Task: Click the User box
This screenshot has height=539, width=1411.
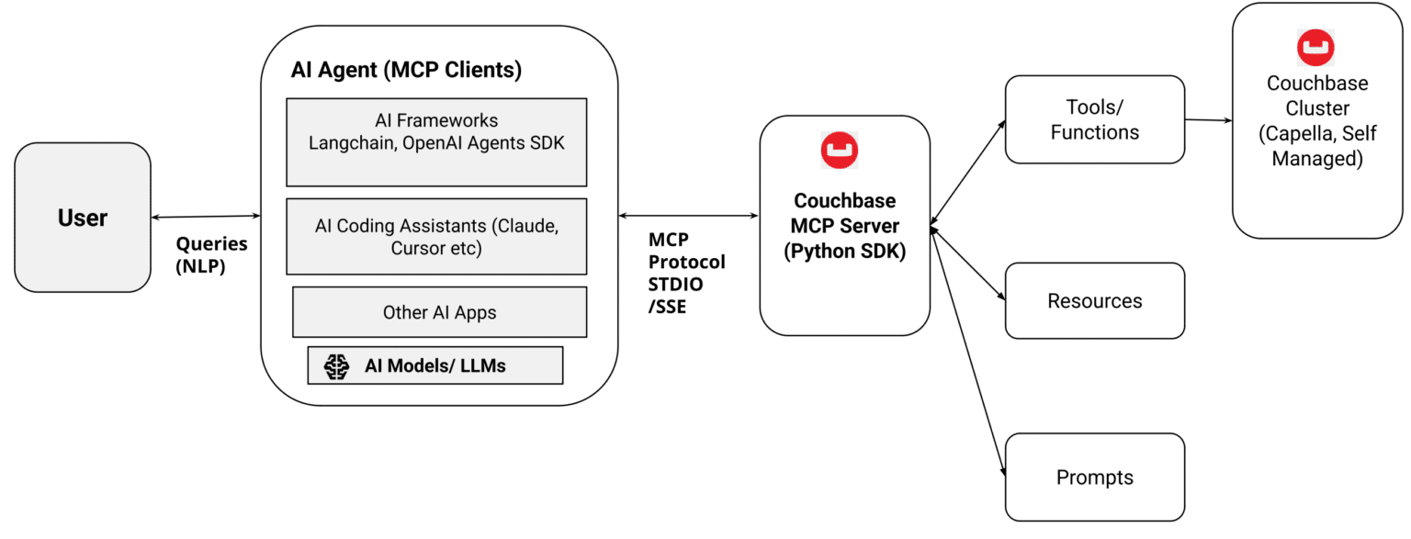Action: click(83, 218)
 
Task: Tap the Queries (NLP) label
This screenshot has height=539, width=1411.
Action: click(211, 255)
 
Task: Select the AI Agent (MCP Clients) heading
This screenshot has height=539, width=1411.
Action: click(406, 70)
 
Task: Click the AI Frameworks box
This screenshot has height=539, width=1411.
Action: click(436, 142)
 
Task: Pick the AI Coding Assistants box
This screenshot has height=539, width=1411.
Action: click(436, 236)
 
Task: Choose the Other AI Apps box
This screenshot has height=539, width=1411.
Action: click(439, 312)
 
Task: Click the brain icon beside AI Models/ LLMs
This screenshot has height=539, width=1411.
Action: click(337, 365)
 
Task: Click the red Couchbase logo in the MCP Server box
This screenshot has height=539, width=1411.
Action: click(840, 152)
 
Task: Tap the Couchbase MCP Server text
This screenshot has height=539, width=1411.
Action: click(844, 226)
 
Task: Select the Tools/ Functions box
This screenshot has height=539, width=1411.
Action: click(1094, 119)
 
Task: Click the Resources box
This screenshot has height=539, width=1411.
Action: click(1094, 301)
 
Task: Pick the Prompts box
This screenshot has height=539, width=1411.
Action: click(1094, 477)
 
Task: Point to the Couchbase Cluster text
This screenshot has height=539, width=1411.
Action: click(1316, 121)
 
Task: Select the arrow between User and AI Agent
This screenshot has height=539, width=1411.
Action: click(206, 217)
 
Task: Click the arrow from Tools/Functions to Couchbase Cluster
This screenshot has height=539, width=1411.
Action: click(1208, 120)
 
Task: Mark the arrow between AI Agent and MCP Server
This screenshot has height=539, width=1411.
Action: click(688, 217)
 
